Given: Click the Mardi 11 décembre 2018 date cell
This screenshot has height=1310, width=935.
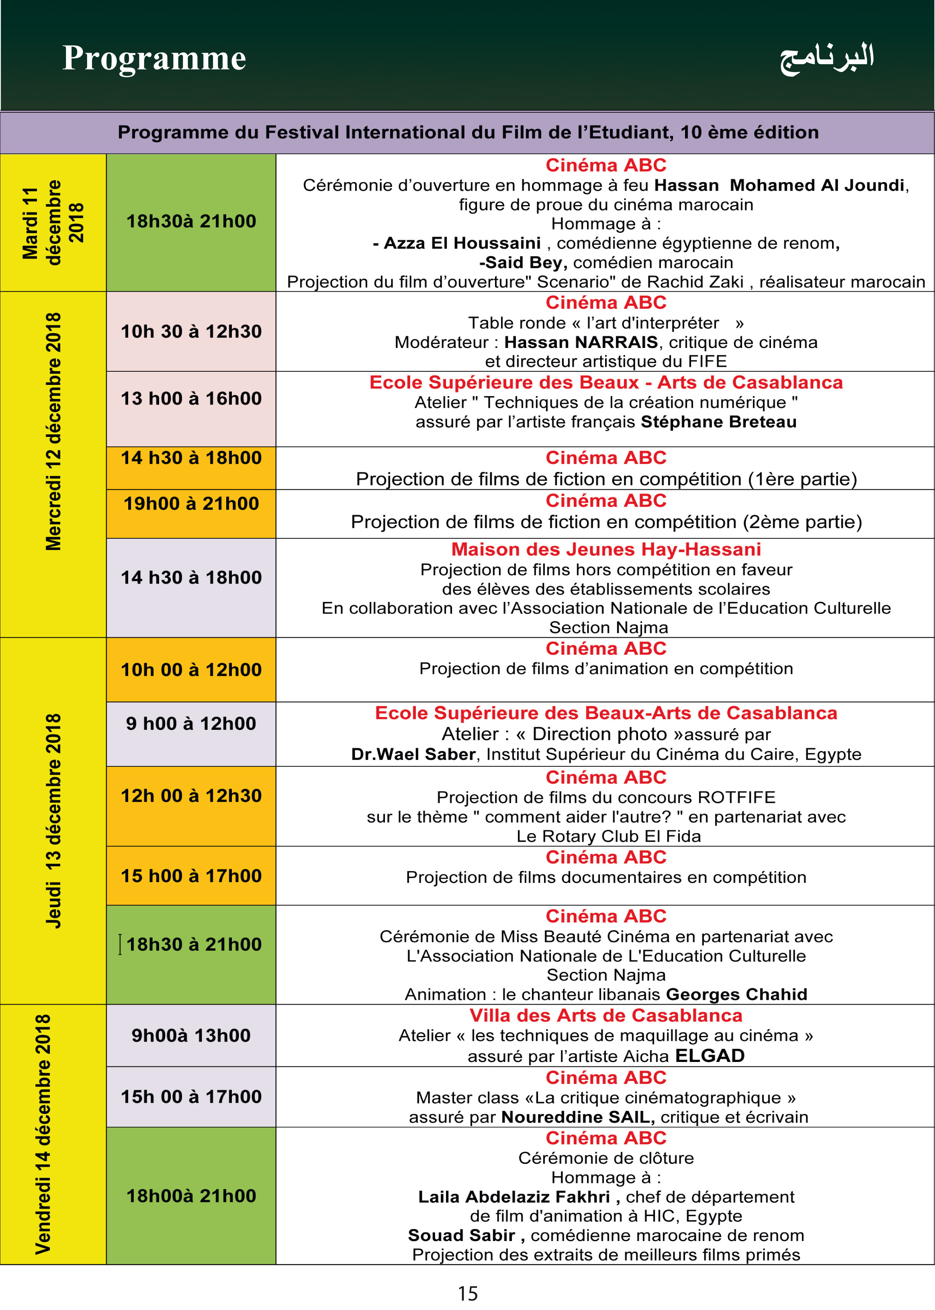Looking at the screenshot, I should tap(53, 223).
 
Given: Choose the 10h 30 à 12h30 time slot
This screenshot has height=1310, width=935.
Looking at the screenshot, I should tap(191, 331).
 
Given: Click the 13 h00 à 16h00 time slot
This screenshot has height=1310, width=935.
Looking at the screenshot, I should tap(191, 398).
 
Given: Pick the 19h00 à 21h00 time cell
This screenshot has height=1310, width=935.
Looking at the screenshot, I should tap(191, 504).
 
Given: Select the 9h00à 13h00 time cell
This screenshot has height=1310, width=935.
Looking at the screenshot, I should tap(191, 1036).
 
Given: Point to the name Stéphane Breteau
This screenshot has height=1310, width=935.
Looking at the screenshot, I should tap(719, 422).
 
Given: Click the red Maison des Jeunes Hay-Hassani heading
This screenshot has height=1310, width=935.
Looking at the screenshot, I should tap(606, 550).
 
